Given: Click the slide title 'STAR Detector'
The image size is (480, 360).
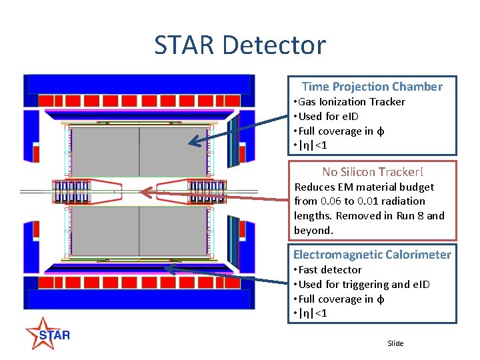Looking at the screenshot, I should click(240, 45).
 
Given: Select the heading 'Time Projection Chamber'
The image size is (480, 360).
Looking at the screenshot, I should click(372, 87).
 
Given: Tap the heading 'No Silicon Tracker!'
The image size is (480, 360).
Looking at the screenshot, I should click(373, 171).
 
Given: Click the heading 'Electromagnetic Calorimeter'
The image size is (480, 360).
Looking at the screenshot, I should click(372, 255).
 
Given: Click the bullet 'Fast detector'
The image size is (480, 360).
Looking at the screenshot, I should click(330, 270).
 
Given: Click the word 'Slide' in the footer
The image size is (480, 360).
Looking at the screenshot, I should click(395, 343).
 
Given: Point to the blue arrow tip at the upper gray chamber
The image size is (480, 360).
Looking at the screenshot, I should click(191, 141).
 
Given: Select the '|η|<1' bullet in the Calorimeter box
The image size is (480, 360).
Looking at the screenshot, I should click(313, 313).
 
